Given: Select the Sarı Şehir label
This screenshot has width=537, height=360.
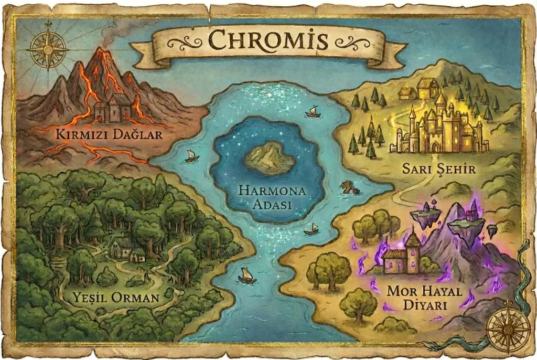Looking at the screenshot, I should click(x=438, y=169).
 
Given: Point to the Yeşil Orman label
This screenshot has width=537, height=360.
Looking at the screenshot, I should click(x=117, y=299).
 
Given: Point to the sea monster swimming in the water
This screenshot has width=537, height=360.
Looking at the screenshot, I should click(x=349, y=188).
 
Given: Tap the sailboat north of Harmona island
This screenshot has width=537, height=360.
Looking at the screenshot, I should click(x=313, y=111).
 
